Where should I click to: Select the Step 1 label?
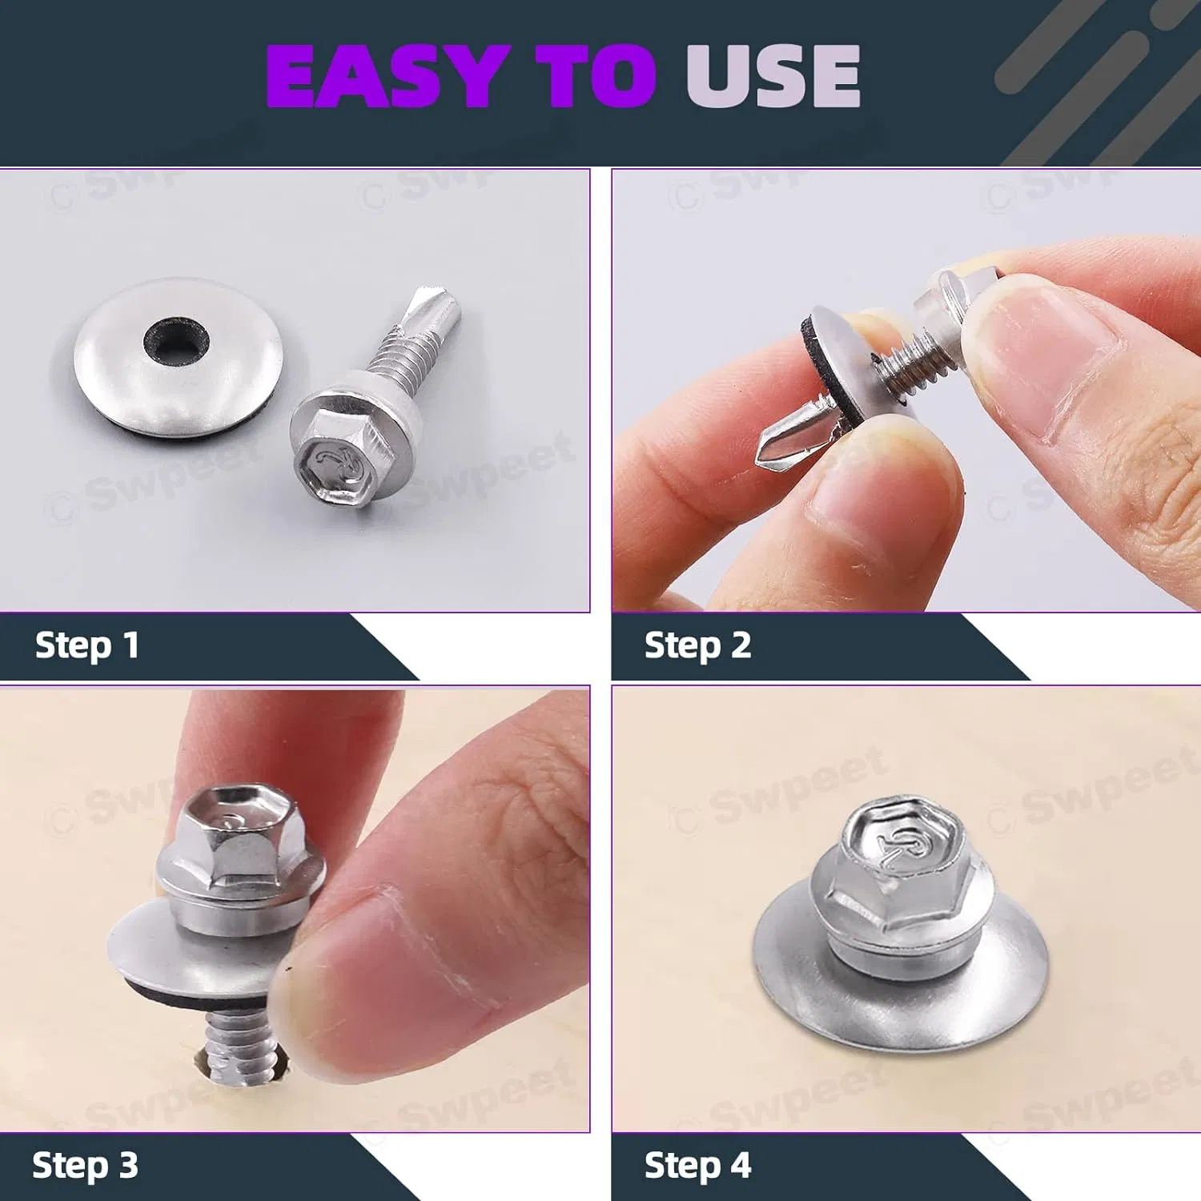coord(86,645)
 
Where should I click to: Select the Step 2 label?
coord(697,645)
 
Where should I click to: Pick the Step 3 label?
coord(85,1166)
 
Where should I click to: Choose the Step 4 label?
coord(697,1166)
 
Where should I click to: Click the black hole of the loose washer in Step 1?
coord(176,340)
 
